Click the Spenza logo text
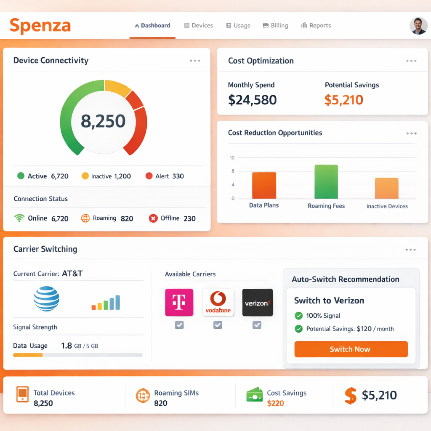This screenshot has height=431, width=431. (x=40, y=26)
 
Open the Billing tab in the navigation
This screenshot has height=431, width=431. (x=275, y=26)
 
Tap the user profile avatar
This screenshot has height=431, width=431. (x=418, y=26)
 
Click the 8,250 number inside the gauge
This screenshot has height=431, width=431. (x=103, y=121)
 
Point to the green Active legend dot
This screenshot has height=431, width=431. (x=21, y=176)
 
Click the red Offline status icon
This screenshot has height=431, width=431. (x=153, y=218)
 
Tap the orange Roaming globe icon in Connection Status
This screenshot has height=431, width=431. (x=85, y=218)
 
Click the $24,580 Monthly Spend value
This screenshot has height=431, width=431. (x=252, y=100)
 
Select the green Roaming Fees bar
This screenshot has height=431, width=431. (x=326, y=182)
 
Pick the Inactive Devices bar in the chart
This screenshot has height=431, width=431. (x=386, y=188)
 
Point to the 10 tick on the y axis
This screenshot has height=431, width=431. (x=232, y=158)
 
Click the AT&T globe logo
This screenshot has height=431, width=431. (x=46, y=298)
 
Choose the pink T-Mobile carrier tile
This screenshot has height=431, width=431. (x=179, y=302)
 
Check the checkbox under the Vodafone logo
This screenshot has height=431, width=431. (x=218, y=325)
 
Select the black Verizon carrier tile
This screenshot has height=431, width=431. (x=258, y=302)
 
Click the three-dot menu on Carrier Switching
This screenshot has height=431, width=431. (x=410, y=250)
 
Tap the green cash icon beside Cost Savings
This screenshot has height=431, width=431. (x=254, y=395)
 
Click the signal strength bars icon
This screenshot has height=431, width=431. (x=106, y=303)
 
